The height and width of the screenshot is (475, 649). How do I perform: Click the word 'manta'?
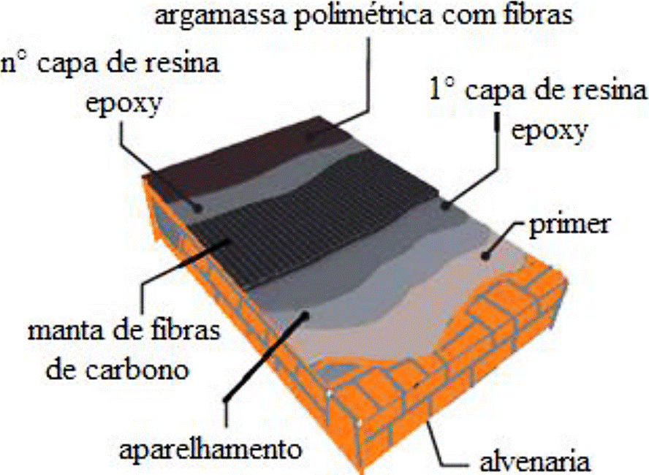click(58, 331)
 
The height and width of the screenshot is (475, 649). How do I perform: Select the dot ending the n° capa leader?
click(197, 206)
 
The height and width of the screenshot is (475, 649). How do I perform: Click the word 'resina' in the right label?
click(610, 91)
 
